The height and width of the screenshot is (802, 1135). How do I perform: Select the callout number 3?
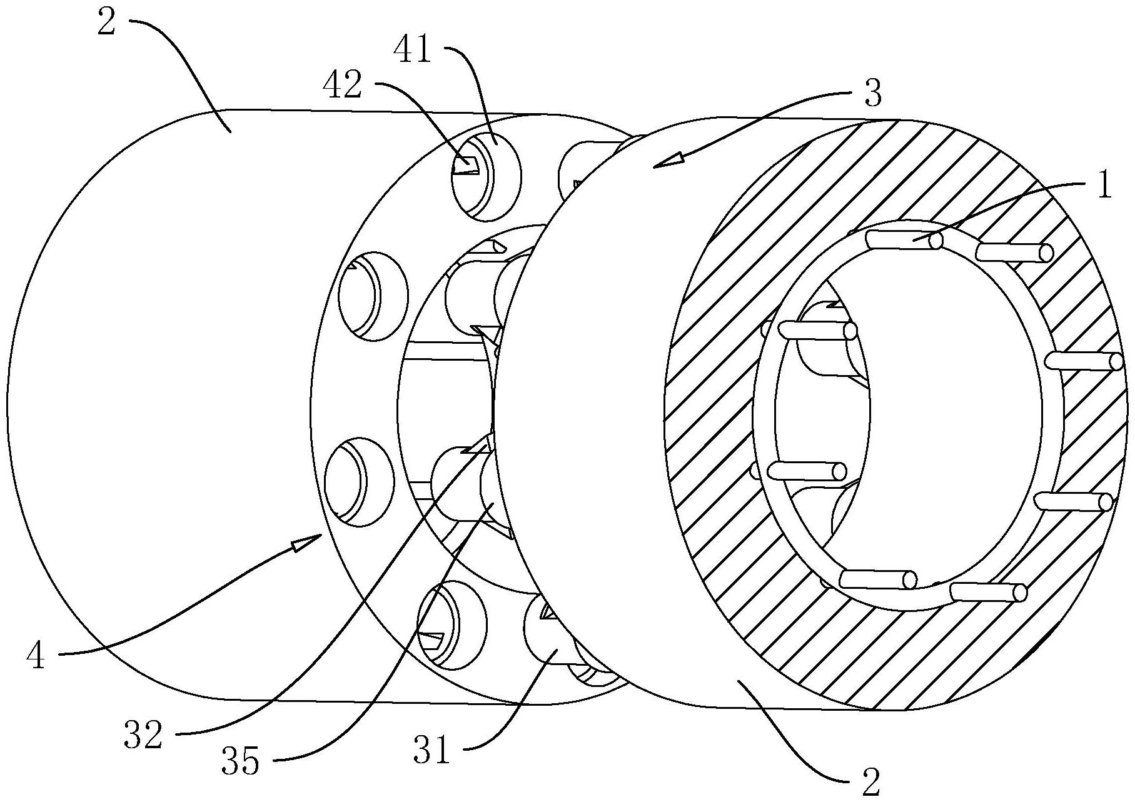pos(872,93)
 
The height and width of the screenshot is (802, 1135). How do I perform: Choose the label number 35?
pos(240,761)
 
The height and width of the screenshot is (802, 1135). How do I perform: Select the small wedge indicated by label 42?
pos(467,165)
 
